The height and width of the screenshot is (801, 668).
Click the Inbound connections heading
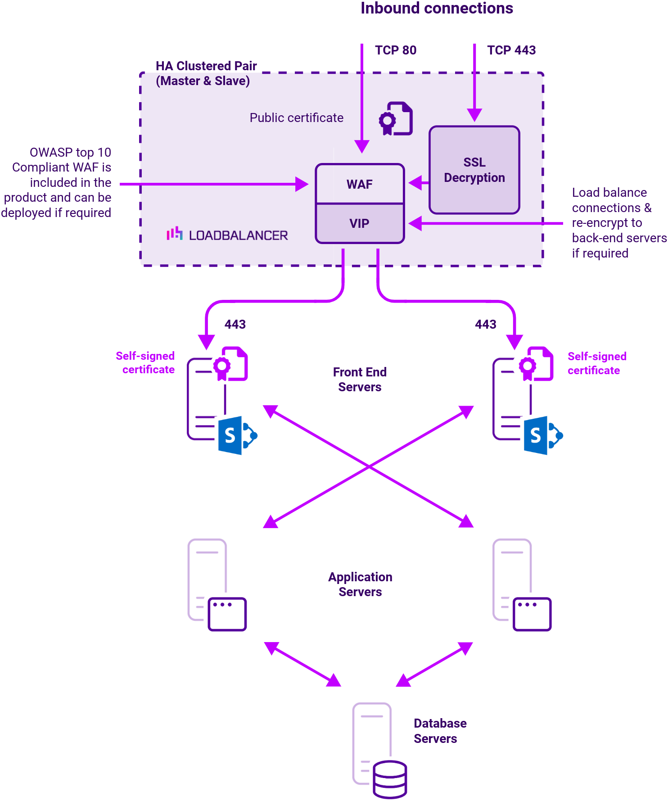pyautogui.click(x=436, y=9)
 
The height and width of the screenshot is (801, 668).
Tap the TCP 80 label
pyautogui.click(x=395, y=50)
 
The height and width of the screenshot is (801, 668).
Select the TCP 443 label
pyautogui.click(x=511, y=50)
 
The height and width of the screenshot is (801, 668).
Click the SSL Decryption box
pyautogui.click(x=474, y=170)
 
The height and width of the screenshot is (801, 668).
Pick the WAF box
pyautogui.click(x=360, y=184)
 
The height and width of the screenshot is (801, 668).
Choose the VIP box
pyautogui.click(x=360, y=223)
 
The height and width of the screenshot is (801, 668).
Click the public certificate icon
pyautogui.click(x=396, y=118)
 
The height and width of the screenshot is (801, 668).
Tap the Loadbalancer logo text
pyautogui.click(x=238, y=235)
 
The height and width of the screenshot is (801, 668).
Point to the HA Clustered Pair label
pyautogui.click(x=206, y=73)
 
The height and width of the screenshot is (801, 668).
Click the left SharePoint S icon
pyautogui.click(x=230, y=435)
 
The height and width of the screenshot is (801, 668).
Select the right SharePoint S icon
pyautogui.click(x=536, y=435)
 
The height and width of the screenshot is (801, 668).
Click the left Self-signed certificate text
pyautogui.click(x=145, y=362)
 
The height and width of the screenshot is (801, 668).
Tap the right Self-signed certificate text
pyautogui.click(x=596, y=363)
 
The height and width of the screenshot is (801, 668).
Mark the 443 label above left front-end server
pyautogui.click(x=235, y=324)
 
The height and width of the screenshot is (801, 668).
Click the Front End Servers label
pyautogui.click(x=360, y=380)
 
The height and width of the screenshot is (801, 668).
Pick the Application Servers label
pyautogui.click(x=360, y=584)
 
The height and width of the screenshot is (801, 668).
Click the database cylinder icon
pyautogui.click(x=390, y=779)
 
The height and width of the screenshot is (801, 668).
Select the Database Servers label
pyautogui.click(x=439, y=731)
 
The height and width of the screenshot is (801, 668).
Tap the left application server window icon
pyautogui.click(x=227, y=614)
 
